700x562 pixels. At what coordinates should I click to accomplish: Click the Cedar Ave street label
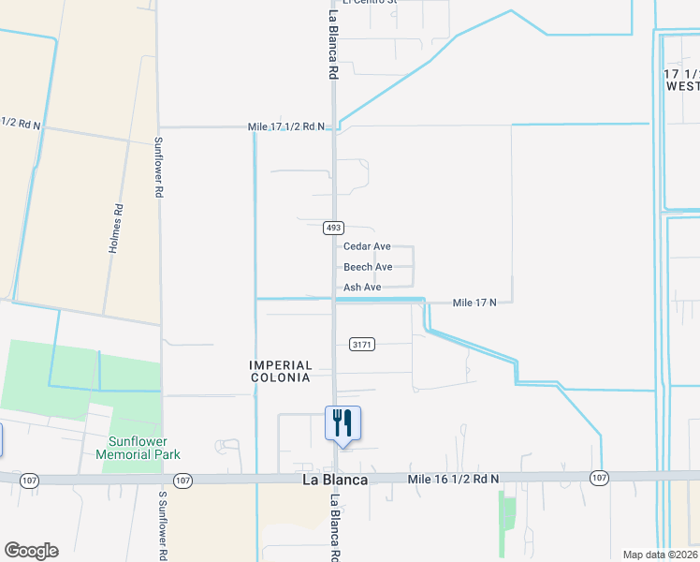click(367, 246)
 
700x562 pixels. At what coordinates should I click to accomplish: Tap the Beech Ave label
click(368, 267)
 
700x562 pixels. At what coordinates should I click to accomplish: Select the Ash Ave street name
click(362, 288)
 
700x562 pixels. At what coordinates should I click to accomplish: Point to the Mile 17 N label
click(481, 303)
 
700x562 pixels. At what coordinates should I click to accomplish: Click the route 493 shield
click(334, 228)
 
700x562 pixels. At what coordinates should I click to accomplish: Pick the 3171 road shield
click(362, 345)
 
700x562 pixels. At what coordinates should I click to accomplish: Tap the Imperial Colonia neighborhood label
click(279, 371)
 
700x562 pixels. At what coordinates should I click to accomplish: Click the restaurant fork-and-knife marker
click(343, 422)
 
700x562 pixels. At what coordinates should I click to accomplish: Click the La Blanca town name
click(334, 480)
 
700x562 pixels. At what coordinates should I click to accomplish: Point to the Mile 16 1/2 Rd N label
click(454, 479)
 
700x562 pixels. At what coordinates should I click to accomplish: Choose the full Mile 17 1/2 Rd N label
click(286, 126)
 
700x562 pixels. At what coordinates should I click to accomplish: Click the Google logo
click(31, 551)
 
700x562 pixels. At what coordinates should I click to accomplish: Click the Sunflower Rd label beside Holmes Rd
click(159, 168)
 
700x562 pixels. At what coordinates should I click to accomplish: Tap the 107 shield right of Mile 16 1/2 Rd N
click(599, 479)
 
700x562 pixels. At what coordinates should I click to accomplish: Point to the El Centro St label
click(370, 3)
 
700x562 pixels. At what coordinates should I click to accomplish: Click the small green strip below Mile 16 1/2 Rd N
click(507, 512)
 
